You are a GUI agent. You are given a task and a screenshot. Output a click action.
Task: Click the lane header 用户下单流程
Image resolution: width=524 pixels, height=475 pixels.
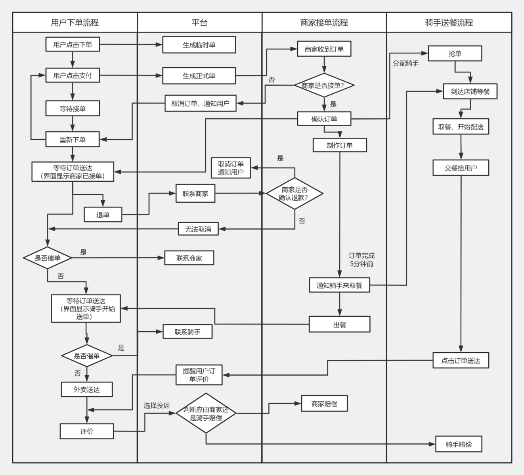(x=75, y=23)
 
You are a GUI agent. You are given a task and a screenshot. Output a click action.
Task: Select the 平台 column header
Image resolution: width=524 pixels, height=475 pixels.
(x=199, y=23)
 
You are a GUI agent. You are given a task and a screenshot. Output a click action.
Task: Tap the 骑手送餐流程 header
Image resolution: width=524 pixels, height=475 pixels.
(x=449, y=23)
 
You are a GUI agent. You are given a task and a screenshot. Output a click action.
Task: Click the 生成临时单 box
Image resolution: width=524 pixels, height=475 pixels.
(x=199, y=45)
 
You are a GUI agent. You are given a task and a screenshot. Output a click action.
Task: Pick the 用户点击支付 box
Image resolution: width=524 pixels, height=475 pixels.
(x=73, y=75)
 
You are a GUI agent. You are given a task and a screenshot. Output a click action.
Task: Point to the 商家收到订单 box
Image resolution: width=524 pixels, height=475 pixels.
(x=324, y=49)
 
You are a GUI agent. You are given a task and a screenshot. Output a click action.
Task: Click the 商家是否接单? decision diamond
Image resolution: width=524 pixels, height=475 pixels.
(x=324, y=85)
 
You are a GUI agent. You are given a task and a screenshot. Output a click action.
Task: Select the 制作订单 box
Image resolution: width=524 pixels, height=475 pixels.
(x=340, y=145)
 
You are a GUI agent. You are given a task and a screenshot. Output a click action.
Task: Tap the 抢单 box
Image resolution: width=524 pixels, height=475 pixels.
(x=455, y=53)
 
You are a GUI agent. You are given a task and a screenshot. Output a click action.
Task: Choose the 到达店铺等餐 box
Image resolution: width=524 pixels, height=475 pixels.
(x=470, y=91)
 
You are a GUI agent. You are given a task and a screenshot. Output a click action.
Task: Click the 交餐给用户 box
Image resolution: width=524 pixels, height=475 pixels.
(x=461, y=168)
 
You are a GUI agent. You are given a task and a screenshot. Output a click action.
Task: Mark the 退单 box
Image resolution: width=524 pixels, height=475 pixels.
(x=103, y=215)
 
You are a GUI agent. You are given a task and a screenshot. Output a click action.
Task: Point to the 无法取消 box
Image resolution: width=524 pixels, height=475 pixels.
(x=198, y=229)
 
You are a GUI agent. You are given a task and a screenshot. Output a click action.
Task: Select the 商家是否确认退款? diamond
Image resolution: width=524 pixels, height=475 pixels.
(x=295, y=194)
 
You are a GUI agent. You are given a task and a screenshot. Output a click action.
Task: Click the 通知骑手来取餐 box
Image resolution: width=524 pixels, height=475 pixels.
(x=339, y=285)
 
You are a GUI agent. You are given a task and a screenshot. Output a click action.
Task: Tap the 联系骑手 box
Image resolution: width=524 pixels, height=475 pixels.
(x=187, y=332)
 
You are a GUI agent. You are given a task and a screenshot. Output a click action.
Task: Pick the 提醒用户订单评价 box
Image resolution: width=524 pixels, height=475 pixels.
(x=199, y=375)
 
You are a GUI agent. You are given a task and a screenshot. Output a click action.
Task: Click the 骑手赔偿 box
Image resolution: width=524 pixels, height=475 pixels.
(x=459, y=444)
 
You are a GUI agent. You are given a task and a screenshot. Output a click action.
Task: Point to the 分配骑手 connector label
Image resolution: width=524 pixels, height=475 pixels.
(x=406, y=63)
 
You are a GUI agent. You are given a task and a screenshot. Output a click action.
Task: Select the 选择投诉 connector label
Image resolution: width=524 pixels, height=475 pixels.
(x=157, y=406)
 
